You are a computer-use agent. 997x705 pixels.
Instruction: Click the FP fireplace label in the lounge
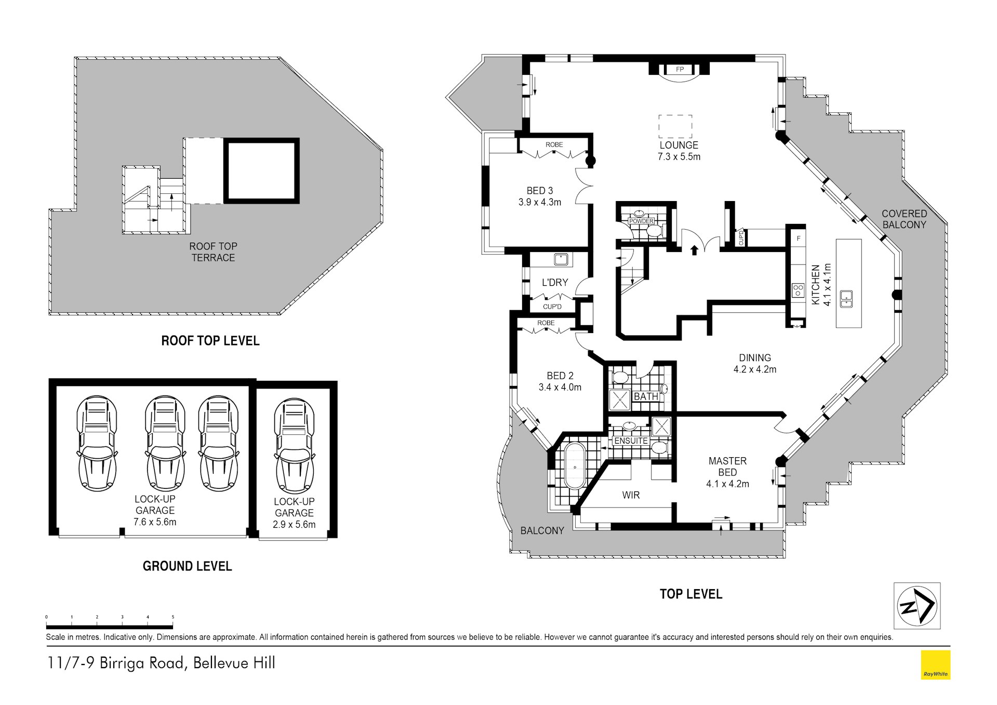pos(680,69)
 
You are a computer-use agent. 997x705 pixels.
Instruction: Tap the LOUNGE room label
pos(679,145)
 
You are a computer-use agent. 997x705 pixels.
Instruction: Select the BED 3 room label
pos(539,191)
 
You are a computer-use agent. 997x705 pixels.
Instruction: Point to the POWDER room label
pos(641,221)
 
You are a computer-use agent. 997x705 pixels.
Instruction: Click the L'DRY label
pos(555,282)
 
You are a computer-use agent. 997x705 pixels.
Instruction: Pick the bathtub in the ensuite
pos(575,466)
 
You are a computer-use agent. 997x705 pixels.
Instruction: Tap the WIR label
pos(631,495)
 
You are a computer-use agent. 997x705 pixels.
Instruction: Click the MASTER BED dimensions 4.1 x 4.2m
pos(727,484)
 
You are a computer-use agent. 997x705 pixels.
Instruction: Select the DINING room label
pos(755,357)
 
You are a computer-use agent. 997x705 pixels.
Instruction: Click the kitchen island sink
pos(846,299)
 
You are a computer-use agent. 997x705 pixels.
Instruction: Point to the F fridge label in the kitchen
pos(799,239)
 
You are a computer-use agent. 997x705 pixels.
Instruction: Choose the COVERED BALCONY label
pos(904,219)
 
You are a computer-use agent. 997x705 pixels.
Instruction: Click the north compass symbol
pos(917,606)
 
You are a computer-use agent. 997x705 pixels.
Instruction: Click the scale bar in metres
pos(110,626)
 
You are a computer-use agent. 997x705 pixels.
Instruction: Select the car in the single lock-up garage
pos(295,446)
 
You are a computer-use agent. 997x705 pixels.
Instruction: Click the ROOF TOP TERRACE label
pos(213,252)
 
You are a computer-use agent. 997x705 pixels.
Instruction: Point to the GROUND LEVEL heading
pos(187,566)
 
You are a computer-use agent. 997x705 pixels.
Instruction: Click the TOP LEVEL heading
pos(690,594)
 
